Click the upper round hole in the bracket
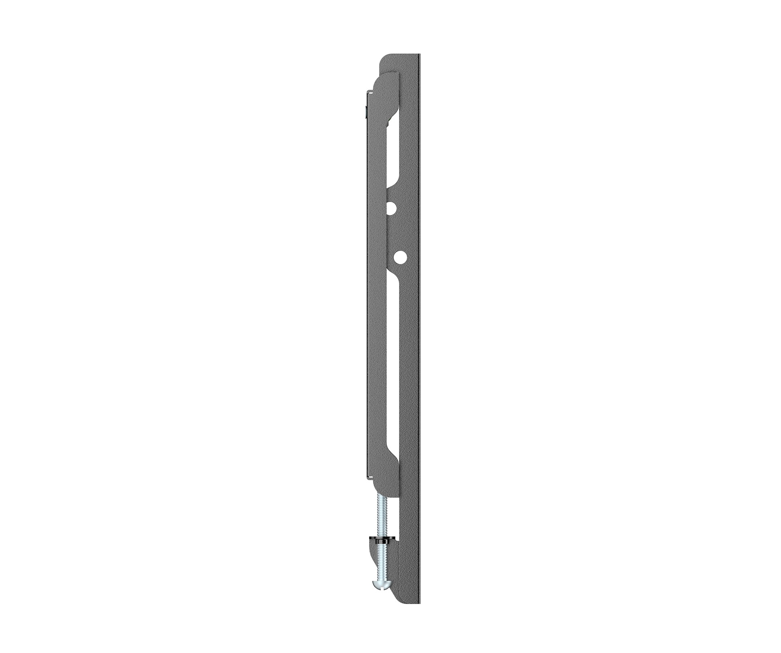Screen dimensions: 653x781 (391, 208)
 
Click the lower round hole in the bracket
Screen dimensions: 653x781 (400, 256)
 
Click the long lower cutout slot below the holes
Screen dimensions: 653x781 (393, 364)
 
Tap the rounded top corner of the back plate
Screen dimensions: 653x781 (384, 60)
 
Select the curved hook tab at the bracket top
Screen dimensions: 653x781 (384, 85)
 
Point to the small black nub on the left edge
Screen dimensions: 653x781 (365, 110)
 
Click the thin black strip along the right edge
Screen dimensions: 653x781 (420, 324)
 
